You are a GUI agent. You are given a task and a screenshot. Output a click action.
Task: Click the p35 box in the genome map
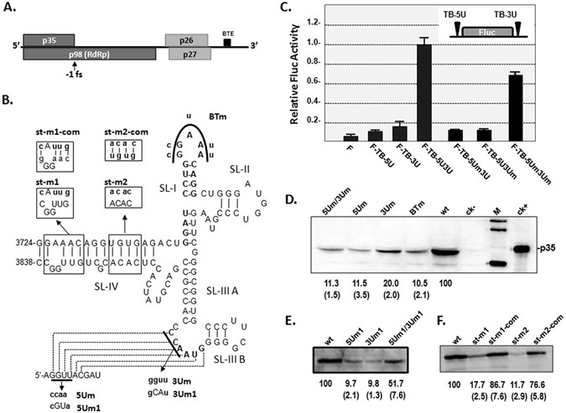(49, 40)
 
